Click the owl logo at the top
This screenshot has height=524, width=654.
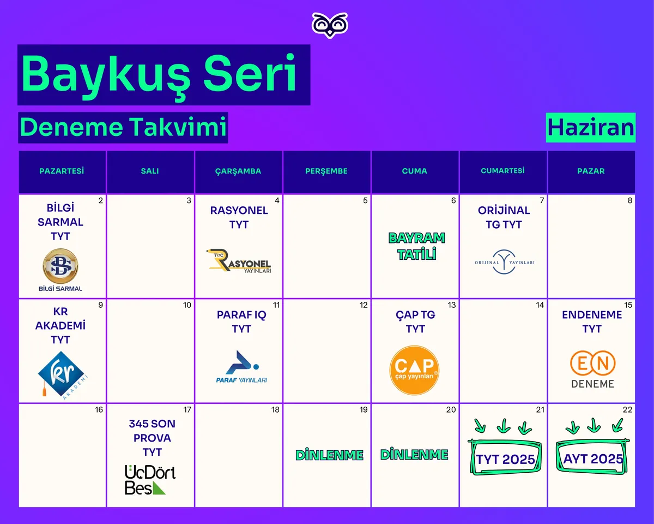click(x=330, y=25)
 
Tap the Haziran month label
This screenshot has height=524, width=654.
click(x=590, y=128)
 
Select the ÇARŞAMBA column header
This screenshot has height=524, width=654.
click(x=238, y=171)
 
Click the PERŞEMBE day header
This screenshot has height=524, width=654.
click(x=326, y=171)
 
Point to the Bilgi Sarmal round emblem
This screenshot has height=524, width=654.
click(x=60, y=266)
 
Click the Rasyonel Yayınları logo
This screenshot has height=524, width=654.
click(x=239, y=261)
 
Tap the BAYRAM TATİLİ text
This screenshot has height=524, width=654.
click(x=416, y=246)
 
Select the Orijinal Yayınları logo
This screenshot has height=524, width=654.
click(x=505, y=262)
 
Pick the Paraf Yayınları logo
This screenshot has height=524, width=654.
click(x=241, y=367)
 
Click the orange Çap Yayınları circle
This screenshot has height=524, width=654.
click(x=415, y=370)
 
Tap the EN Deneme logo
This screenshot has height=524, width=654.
click(x=592, y=370)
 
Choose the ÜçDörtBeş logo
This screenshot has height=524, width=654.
click(x=150, y=480)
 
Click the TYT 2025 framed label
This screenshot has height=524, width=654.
click(x=505, y=457)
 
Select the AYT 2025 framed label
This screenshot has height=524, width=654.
click(x=592, y=457)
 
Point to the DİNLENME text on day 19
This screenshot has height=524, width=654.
click(x=329, y=455)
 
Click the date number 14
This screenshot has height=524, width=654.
click(x=540, y=305)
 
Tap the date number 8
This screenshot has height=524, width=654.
click(x=629, y=200)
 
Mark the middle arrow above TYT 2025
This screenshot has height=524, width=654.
click(x=503, y=426)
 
